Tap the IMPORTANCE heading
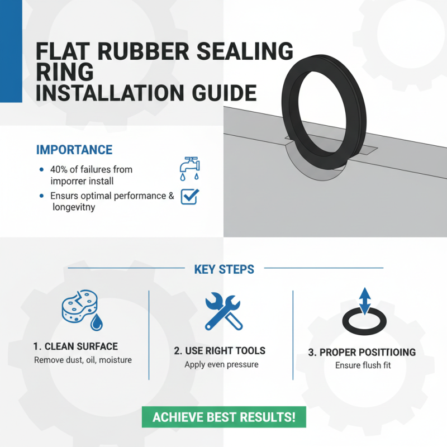74,150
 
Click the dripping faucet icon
189,167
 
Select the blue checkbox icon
190,196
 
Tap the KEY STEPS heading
224,269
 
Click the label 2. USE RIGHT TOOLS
220,351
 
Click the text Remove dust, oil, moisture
83,360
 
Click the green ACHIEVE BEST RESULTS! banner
223,417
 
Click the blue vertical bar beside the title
11,51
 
